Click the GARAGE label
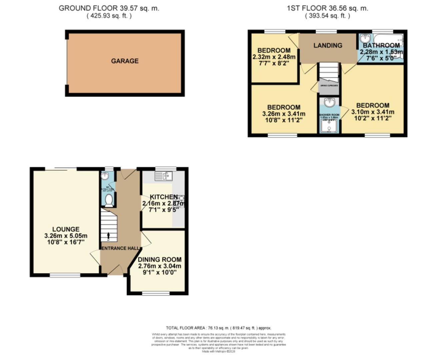[x=125, y=61]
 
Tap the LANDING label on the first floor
[x=328, y=45]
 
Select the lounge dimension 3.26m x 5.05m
[x=66, y=236]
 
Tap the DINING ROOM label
[x=160, y=259]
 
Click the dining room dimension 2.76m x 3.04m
[x=160, y=266]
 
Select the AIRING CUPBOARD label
[x=329, y=86]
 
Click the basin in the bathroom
[x=365, y=39]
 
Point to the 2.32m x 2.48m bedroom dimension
[x=274, y=57]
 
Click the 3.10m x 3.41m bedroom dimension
[x=373, y=112]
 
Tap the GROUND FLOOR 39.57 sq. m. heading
[x=109, y=8]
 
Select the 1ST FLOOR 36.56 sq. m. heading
[x=327, y=8]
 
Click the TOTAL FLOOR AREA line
[x=221, y=328]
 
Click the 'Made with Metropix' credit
[x=218, y=351]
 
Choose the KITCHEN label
[x=163, y=197]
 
